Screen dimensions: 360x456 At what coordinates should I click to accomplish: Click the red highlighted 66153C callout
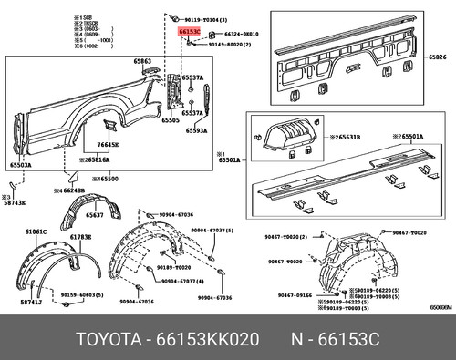(x=189, y=32)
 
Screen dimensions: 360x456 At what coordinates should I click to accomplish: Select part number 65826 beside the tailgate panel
(x=439, y=57)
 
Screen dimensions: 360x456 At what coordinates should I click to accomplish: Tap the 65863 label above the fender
(x=142, y=61)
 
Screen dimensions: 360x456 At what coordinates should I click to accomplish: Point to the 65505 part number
(x=171, y=119)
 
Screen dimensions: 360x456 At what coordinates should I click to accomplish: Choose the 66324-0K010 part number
(x=241, y=33)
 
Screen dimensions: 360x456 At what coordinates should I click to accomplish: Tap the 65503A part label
(x=20, y=165)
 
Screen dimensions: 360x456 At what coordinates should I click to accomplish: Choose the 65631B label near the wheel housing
(x=345, y=136)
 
